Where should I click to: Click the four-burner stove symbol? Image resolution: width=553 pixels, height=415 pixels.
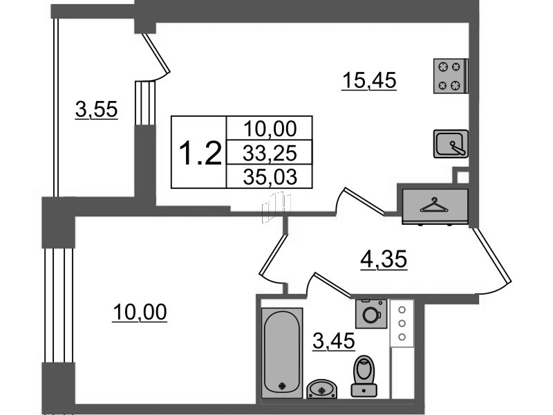click(451, 76)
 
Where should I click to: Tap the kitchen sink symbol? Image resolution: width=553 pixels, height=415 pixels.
click(451, 144)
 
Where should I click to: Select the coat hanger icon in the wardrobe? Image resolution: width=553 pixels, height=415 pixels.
click(434, 205)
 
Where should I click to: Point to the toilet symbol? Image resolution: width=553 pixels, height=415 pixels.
click(364, 376)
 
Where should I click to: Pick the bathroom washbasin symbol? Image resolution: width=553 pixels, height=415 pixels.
click(321, 389)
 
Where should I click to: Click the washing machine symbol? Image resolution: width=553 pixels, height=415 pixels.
click(371, 314)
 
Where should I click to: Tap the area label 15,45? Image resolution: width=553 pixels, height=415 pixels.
click(369, 81)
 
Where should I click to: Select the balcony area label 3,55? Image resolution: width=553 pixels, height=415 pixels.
click(96, 109)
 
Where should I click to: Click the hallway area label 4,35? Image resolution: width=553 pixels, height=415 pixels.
click(384, 260)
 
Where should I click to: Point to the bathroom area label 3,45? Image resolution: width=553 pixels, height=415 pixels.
click(334, 341)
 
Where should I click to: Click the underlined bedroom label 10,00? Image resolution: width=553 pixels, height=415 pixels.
click(140, 313)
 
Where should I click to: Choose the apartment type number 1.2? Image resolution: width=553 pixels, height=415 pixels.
click(200, 152)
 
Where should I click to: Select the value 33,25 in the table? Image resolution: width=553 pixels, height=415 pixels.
click(270, 153)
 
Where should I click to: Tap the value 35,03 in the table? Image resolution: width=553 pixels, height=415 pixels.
click(270, 176)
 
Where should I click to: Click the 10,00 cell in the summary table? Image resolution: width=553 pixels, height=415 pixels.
click(270, 129)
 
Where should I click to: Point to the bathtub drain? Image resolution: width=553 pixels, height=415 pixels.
click(282, 386)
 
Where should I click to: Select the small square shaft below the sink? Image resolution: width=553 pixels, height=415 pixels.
click(460, 176)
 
